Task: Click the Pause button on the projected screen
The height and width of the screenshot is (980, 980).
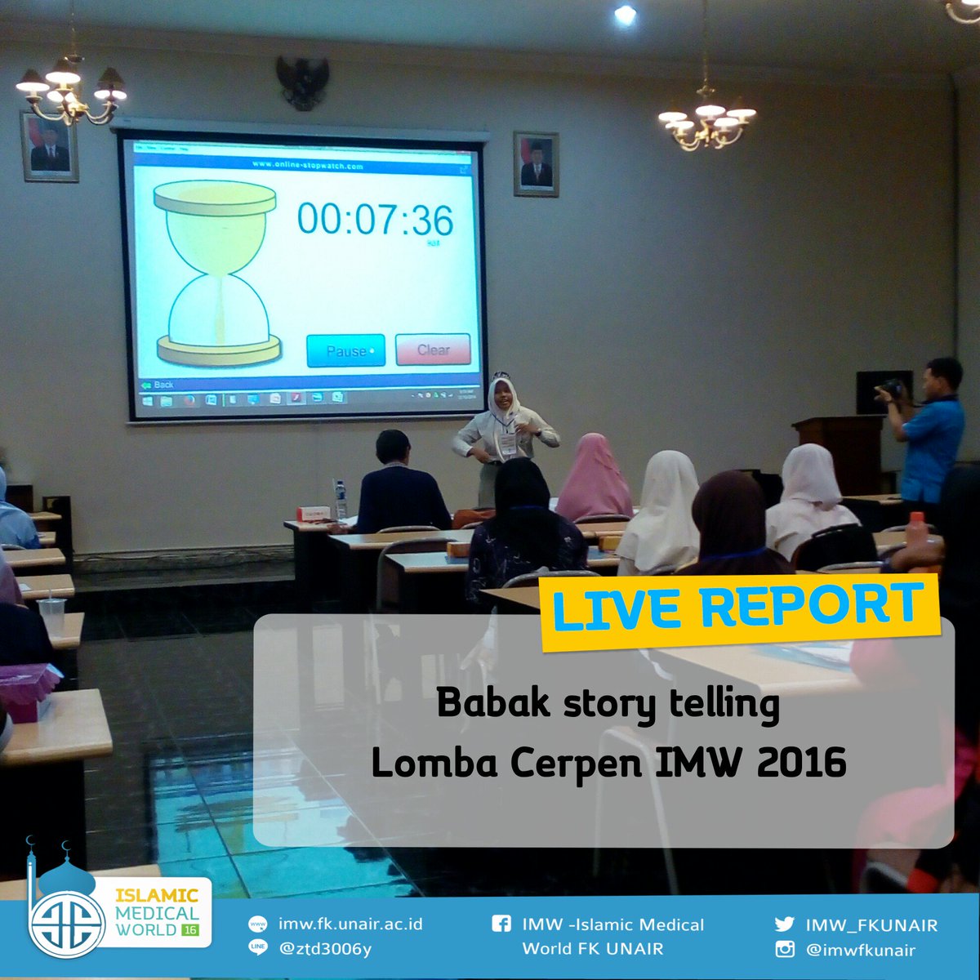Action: point(345,350)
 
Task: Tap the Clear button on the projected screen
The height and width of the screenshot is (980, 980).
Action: point(433,350)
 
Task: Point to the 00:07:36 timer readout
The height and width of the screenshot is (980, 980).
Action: point(375,220)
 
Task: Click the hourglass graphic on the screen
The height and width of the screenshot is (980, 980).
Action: point(216,273)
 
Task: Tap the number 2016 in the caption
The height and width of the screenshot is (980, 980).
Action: point(801,763)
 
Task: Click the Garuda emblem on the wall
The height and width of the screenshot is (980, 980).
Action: point(302,82)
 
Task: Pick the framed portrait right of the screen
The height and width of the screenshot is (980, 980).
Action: point(536,163)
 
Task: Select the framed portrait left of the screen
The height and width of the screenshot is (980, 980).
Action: point(49,147)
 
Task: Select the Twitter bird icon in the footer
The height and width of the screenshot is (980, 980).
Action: point(784,924)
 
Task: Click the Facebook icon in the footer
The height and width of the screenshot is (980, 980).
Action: point(501,924)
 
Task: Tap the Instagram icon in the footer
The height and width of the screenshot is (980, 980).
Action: point(784,949)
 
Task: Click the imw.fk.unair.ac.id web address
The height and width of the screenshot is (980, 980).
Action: point(350,924)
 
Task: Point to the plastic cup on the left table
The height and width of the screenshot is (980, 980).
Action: point(51,617)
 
